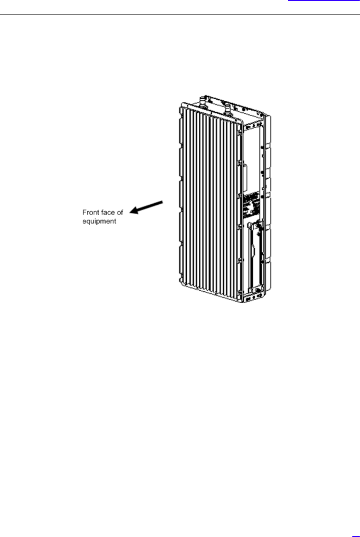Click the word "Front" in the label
tap(90, 212)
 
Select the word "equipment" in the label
tap(99, 221)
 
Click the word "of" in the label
tap(120, 212)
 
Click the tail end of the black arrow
tap(162, 201)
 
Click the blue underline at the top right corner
tap(324, 1)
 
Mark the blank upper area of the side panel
tap(252, 152)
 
